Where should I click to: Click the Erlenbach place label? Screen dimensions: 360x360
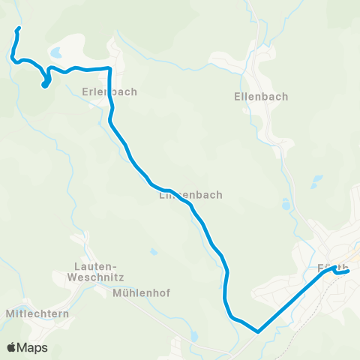click(109, 92)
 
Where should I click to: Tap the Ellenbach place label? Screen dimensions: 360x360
click(261, 97)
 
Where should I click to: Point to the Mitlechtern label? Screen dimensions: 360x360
click(37, 313)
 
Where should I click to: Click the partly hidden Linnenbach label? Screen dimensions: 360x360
click(190, 195)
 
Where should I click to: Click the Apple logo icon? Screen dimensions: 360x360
click(12, 347)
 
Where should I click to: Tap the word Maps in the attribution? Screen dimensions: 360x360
click(33, 347)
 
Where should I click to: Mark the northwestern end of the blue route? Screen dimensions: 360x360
click(18, 29)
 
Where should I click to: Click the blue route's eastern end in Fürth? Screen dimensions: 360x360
click(349, 271)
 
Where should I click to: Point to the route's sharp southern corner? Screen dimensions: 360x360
click(257, 331)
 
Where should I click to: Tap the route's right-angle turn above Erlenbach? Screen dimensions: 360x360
click(110, 68)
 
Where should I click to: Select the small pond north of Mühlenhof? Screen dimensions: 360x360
click(154, 252)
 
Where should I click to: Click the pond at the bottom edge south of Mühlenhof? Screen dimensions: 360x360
click(193, 335)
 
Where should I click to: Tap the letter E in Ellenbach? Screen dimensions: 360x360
click(238, 97)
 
